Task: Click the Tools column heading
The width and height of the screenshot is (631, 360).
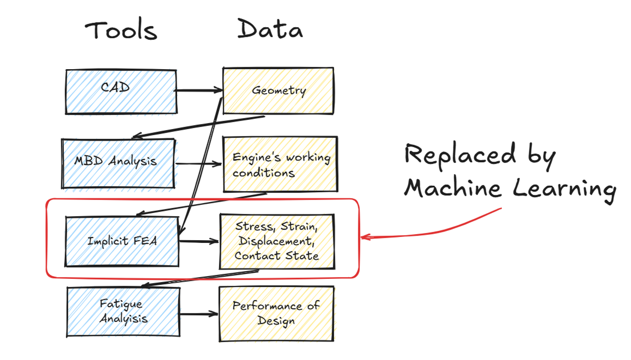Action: pyautogui.click(x=121, y=30)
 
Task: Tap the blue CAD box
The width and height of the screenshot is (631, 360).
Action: pyautogui.click(x=120, y=91)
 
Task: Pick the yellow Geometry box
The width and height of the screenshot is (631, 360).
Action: pyautogui.click(x=278, y=90)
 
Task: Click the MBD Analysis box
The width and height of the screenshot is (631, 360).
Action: pyautogui.click(x=119, y=163)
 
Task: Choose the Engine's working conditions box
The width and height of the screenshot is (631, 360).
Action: pyautogui.click(x=280, y=164)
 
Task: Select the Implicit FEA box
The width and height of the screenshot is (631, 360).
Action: pyautogui.click(x=122, y=241)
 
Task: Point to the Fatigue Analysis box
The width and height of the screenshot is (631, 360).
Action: pyautogui.click(x=123, y=312)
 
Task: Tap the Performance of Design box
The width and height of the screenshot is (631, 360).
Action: pyautogui.click(x=276, y=313)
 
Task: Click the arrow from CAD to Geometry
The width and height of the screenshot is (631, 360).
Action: pyautogui.click(x=198, y=90)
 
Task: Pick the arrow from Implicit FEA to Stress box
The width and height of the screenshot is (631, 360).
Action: pyautogui.click(x=199, y=240)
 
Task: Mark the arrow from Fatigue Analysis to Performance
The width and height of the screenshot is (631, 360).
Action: pyautogui.click(x=199, y=313)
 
